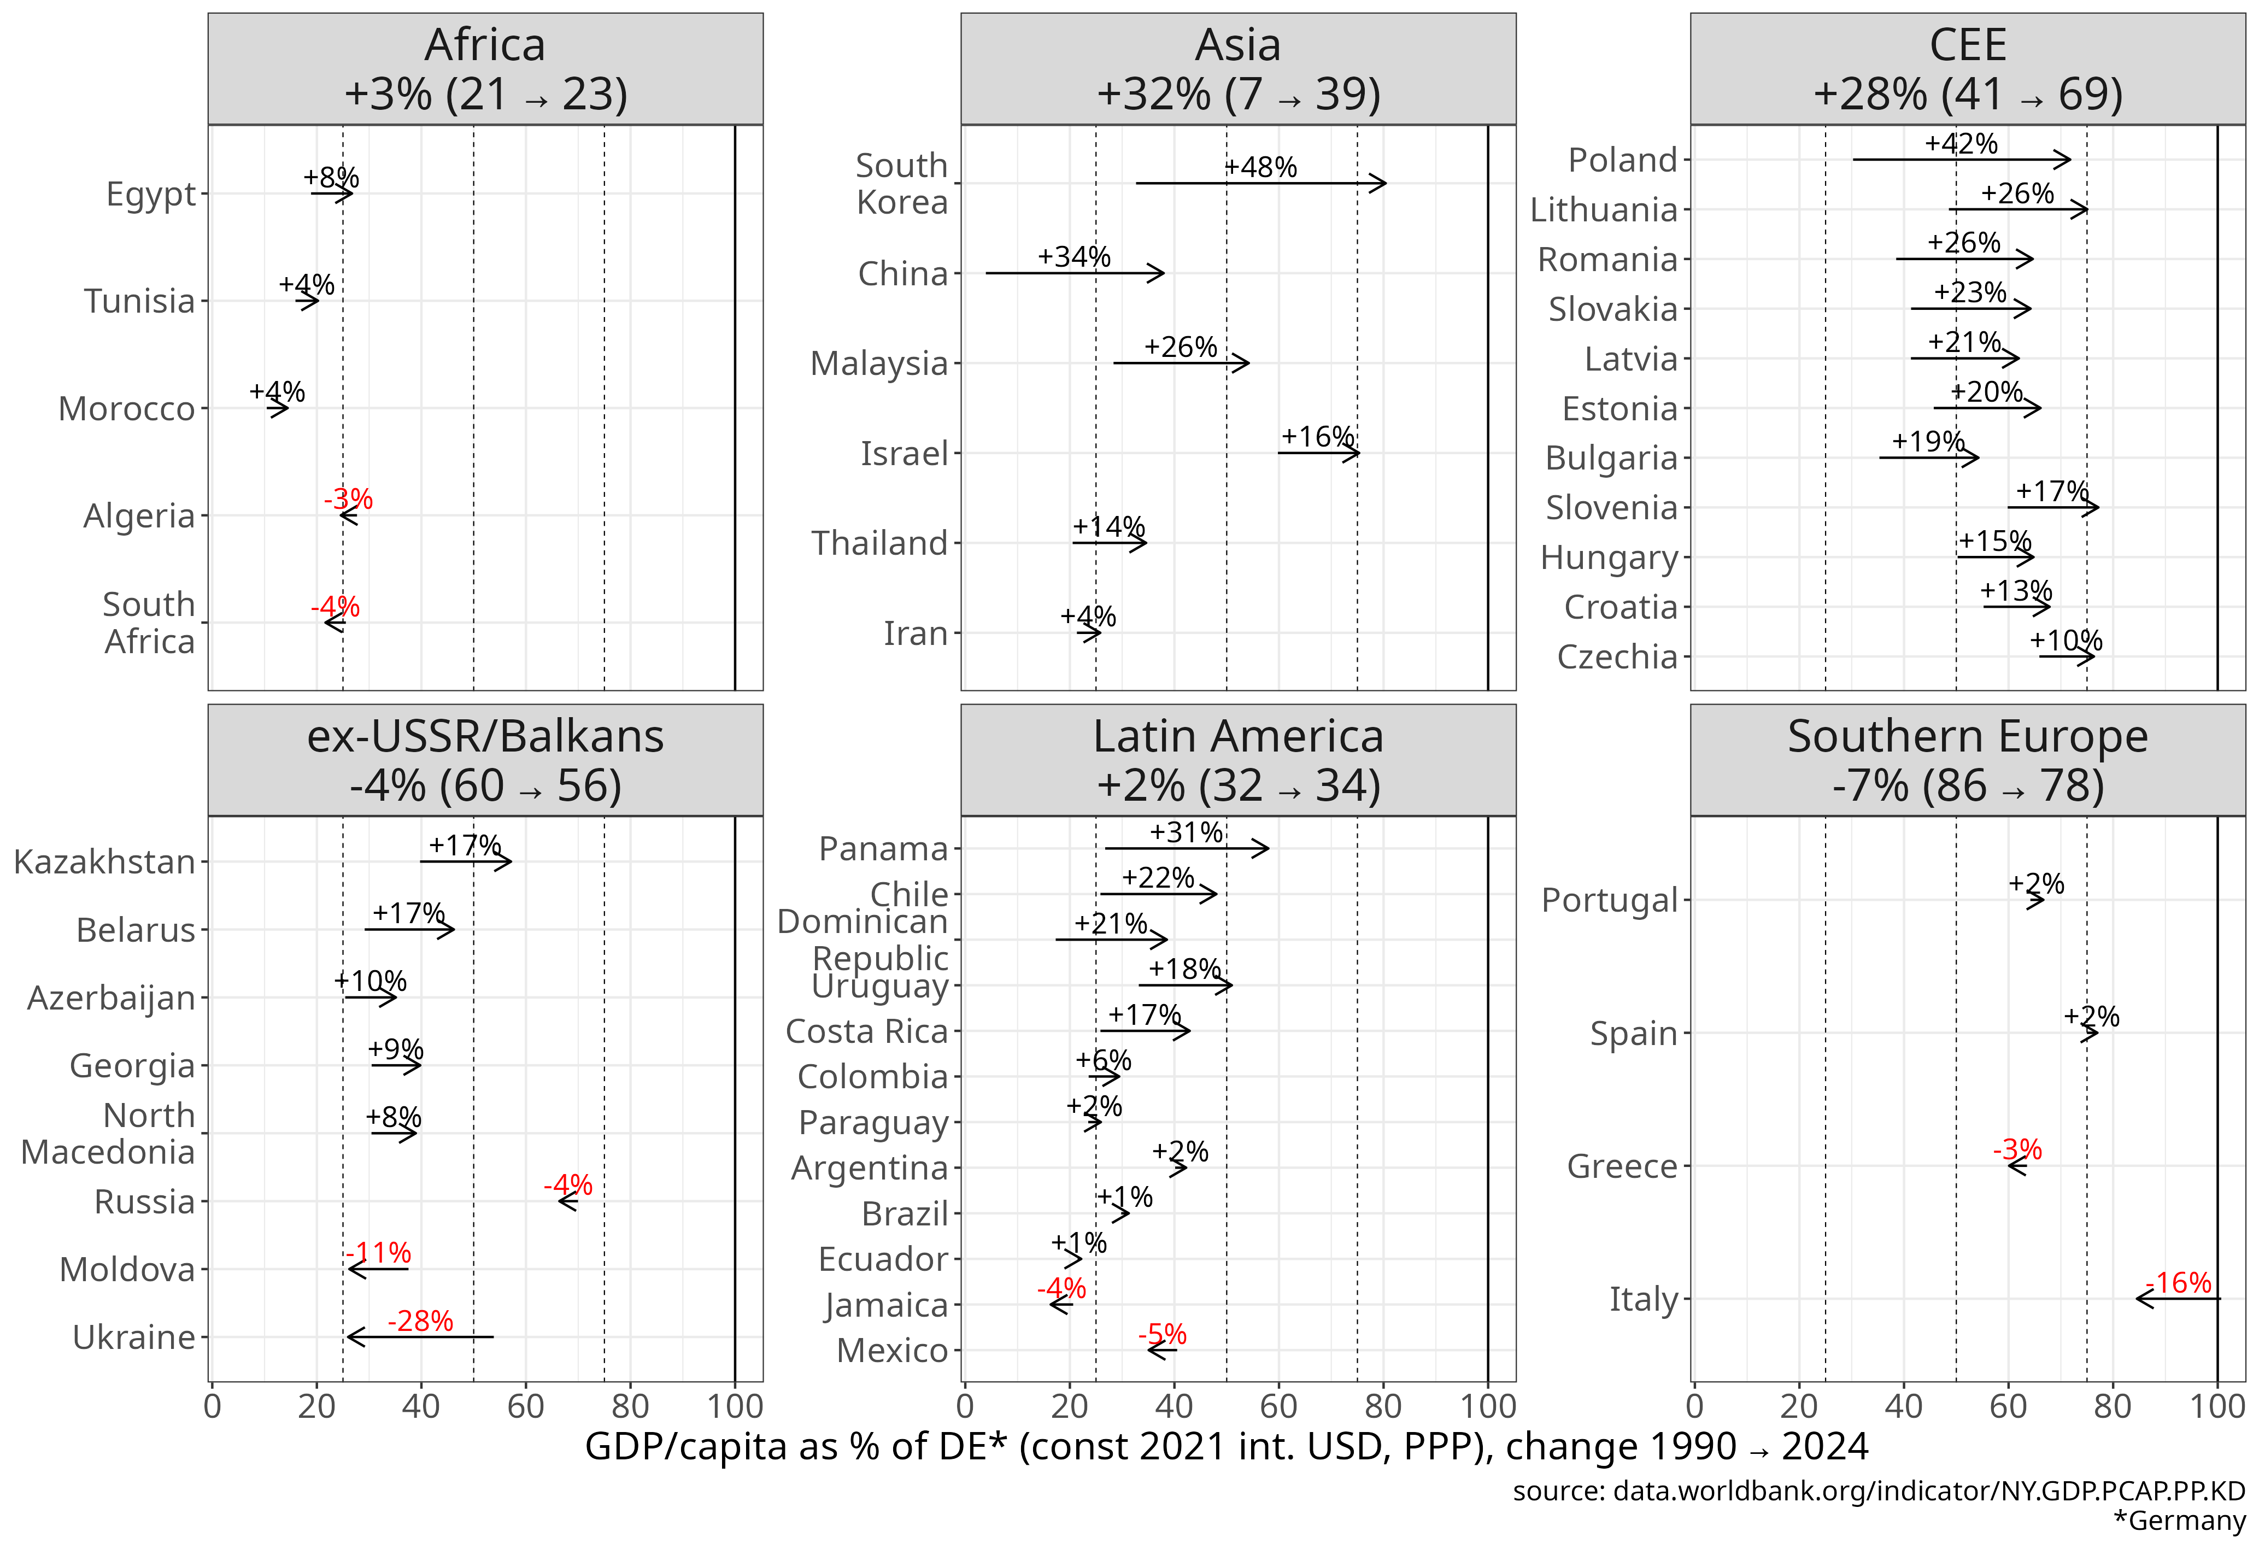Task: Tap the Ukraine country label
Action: [134, 1337]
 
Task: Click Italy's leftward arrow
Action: [2178, 1298]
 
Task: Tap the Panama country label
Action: [883, 848]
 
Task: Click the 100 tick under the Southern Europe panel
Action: [2216, 1406]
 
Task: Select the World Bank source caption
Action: [1878, 1491]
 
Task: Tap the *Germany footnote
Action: [2179, 1521]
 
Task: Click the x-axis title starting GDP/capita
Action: [1226, 1447]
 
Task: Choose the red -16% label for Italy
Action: [2178, 1283]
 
